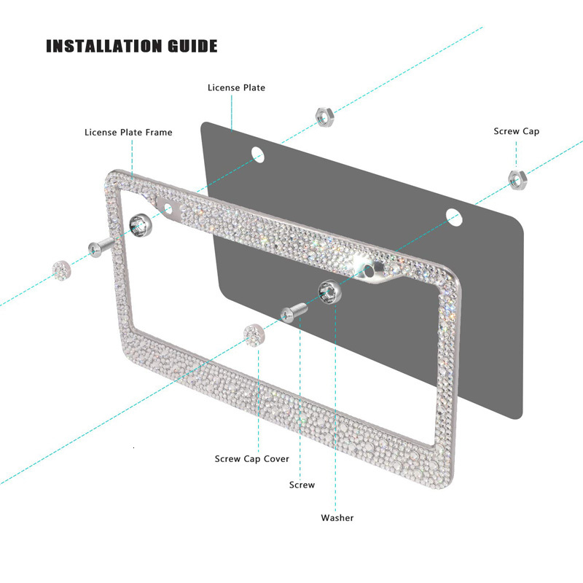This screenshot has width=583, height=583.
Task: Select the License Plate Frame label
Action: coord(128,133)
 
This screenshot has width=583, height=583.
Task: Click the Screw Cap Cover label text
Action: coord(251,459)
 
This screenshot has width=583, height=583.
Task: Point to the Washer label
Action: coord(337,518)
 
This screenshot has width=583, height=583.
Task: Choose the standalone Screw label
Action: coord(302,485)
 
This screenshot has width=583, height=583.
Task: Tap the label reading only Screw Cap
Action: coord(517,132)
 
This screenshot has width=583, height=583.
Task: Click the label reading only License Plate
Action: coord(236,88)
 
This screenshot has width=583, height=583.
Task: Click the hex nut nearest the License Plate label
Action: coord(324,115)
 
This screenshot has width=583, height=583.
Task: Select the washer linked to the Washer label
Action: coord(328,291)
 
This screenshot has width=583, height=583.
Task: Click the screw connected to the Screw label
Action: coord(291,313)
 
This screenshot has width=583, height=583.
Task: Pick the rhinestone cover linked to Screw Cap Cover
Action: coord(252,336)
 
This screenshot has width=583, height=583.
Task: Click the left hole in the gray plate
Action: coord(257,154)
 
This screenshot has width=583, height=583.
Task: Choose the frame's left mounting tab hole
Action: coord(168,209)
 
